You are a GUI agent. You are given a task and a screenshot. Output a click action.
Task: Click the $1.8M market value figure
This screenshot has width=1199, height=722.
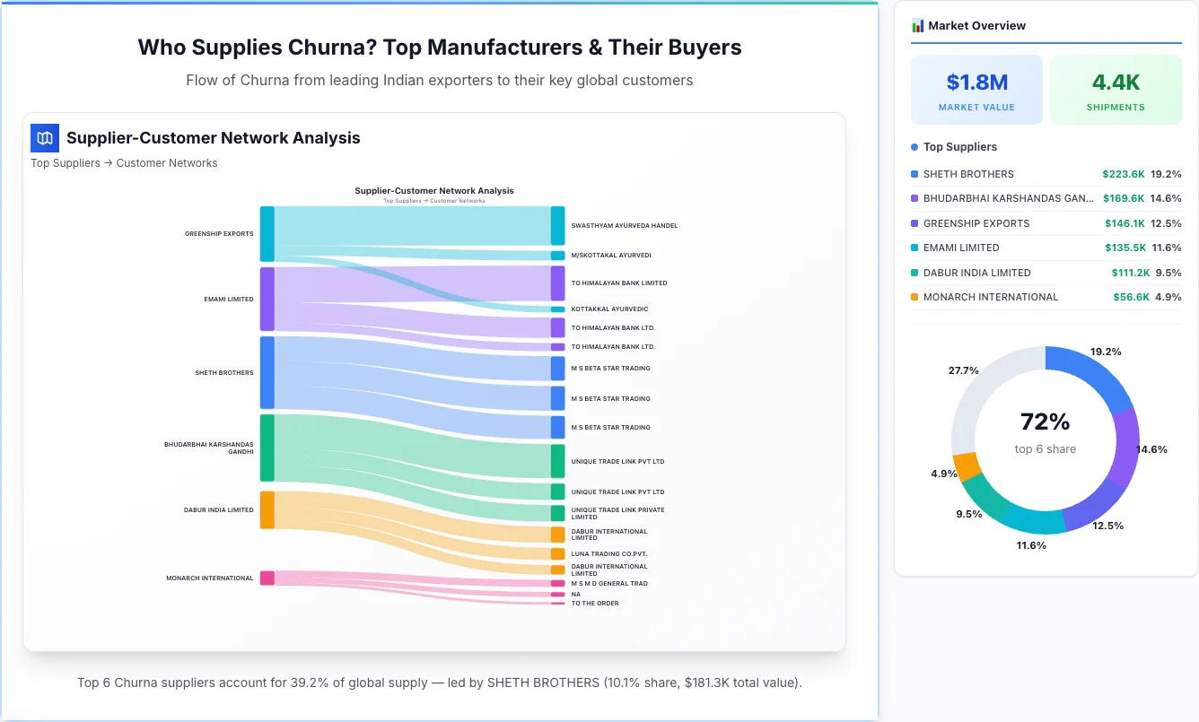tap(976, 83)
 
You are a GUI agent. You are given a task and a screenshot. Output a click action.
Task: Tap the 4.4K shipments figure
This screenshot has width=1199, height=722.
tap(1116, 83)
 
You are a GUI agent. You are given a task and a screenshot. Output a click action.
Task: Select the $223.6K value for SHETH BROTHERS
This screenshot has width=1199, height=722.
tap(1123, 174)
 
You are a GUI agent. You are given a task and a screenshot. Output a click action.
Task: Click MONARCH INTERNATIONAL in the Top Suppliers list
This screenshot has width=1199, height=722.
tap(991, 297)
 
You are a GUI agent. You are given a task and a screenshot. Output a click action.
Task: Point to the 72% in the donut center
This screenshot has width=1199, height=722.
tap(1045, 422)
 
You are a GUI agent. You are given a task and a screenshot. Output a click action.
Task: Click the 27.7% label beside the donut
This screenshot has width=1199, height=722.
tap(963, 370)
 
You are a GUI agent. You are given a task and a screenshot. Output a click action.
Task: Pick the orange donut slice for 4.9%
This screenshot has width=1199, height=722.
tap(966, 466)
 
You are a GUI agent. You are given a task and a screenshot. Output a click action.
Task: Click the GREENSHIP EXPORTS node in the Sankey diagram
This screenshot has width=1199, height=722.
tap(267, 233)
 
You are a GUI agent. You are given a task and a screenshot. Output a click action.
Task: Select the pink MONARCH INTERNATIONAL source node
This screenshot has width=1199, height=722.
tap(267, 578)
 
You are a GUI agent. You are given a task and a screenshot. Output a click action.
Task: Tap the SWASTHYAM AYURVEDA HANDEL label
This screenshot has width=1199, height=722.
tap(624, 226)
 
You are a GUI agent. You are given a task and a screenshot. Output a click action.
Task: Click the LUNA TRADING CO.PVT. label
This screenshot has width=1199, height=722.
tap(608, 554)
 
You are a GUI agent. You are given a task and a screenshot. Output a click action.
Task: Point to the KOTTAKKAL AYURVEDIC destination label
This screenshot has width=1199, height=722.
tap(609, 309)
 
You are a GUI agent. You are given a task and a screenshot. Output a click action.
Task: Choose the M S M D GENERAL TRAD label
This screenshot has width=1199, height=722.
tap(609, 584)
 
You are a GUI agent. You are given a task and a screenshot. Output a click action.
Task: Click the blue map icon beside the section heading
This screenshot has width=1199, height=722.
tap(45, 138)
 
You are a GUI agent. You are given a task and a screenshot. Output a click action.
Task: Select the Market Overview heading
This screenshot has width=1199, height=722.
tap(976, 26)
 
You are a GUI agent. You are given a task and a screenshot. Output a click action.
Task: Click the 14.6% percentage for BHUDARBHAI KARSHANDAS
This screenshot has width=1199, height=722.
tap(1166, 198)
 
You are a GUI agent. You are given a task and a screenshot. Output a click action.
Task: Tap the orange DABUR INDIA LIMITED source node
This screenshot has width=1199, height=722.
tap(267, 509)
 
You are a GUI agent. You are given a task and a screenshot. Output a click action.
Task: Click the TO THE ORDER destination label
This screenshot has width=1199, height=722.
tap(595, 604)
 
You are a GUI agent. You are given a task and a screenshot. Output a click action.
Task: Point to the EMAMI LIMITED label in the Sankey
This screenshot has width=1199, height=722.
tap(229, 300)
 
